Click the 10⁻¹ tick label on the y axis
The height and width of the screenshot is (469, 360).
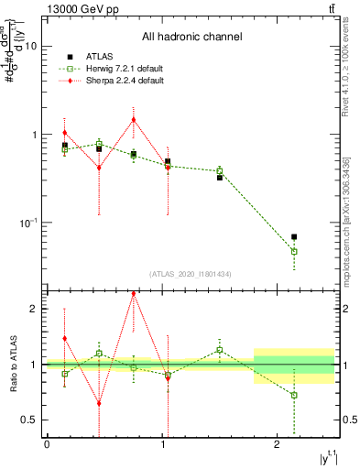(x=27, y=224)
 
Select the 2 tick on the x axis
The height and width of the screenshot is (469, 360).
(x=277, y=444)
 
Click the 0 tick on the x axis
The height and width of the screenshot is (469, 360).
(x=47, y=444)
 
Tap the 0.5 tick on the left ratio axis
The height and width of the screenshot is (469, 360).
(x=28, y=420)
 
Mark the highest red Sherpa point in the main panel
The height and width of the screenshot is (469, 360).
(x=134, y=119)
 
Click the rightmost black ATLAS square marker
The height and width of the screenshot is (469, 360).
(x=294, y=237)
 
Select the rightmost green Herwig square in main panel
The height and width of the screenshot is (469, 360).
(x=294, y=251)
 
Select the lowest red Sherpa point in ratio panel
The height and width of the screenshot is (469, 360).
(x=99, y=403)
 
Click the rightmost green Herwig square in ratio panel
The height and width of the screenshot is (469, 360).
(x=294, y=395)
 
